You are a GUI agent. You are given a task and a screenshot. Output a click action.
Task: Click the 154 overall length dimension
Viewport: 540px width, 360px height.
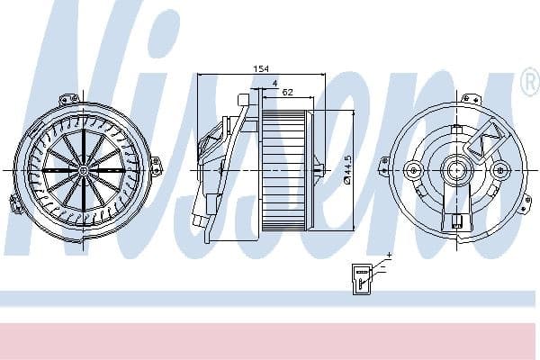(x=262, y=68)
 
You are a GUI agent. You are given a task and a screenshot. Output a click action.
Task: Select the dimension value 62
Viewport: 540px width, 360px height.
(x=288, y=92)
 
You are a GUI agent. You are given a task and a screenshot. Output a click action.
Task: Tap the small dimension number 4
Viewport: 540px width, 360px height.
(x=274, y=84)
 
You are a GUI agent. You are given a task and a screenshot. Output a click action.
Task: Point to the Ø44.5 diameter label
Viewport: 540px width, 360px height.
(x=346, y=170)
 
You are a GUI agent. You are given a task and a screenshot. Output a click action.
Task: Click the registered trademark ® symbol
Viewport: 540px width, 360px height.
(x=529, y=84)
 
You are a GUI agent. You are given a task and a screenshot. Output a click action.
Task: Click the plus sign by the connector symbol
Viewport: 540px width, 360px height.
(x=389, y=256)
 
